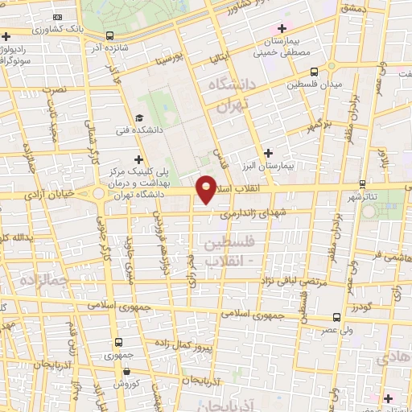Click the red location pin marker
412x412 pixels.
207,188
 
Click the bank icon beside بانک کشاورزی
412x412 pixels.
56,16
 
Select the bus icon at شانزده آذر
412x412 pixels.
109,35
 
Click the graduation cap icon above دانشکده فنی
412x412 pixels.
140,118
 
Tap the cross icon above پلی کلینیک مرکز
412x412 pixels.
140,159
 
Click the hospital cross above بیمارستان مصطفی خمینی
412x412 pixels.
280,29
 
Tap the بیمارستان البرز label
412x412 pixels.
291,164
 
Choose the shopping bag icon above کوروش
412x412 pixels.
127,372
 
